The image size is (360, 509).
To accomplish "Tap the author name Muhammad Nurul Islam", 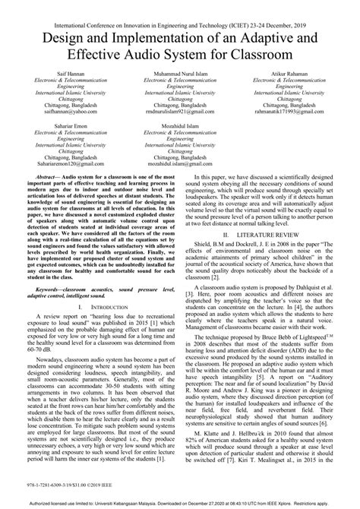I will pos(180,76).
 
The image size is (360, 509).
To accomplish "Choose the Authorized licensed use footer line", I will pos(180,502).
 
